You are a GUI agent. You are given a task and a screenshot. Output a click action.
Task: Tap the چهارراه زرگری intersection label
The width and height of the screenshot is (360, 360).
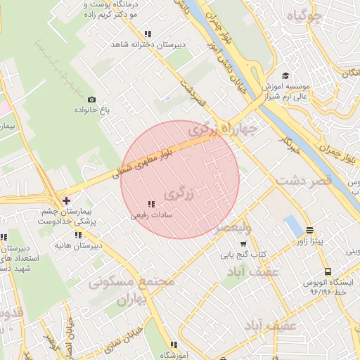[x=222, y=129]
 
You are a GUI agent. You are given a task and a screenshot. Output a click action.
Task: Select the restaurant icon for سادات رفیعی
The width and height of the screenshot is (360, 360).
[x=151, y=205]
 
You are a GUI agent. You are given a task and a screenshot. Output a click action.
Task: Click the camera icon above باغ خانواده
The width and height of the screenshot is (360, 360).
[x=91, y=100]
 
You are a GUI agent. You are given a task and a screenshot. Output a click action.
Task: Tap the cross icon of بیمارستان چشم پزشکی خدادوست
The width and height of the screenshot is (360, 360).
[x=66, y=201]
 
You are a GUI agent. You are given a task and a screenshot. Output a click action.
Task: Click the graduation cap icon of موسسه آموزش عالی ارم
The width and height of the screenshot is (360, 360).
[x=285, y=76]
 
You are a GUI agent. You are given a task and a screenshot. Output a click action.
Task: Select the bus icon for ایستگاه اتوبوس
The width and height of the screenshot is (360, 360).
[x=328, y=271]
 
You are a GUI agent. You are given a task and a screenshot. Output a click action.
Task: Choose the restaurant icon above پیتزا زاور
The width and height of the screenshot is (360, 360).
[x=309, y=231]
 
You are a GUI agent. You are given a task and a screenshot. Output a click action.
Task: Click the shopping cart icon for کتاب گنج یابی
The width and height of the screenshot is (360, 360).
[x=243, y=243]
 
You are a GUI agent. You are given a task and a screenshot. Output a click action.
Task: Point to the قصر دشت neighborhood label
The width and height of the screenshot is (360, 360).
[x=303, y=181]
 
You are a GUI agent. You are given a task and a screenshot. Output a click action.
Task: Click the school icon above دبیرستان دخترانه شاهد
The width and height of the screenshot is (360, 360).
[x=147, y=34]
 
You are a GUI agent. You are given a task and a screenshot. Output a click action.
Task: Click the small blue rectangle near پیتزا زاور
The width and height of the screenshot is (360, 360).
[x=291, y=226]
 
